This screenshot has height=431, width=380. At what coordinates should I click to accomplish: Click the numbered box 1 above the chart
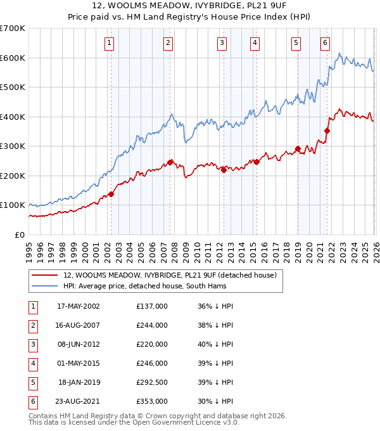[x=110, y=43]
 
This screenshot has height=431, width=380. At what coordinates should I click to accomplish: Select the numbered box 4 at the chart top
[x=255, y=43]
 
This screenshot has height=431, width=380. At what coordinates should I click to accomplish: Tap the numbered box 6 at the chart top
[x=325, y=43]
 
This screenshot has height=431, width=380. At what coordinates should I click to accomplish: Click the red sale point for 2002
[x=111, y=194]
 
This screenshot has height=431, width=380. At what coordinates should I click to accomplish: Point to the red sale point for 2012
[x=224, y=170]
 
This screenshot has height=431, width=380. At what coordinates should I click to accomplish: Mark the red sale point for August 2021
[x=327, y=131]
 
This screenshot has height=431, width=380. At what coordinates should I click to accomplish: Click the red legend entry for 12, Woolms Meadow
[x=170, y=276]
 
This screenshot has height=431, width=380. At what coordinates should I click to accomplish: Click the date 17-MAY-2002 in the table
[x=79, y=306]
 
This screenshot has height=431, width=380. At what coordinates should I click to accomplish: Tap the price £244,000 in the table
[x=152, y=325]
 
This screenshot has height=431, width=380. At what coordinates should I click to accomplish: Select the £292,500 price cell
[x=152, y=383]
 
